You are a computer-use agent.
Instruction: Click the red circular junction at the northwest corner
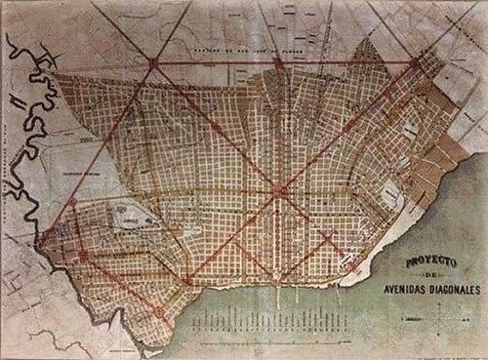153,64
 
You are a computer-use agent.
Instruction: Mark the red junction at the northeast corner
415,63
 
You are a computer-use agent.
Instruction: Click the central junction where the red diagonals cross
280,191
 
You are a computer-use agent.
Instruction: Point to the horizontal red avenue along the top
215,64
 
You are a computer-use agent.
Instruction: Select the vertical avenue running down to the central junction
279,127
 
